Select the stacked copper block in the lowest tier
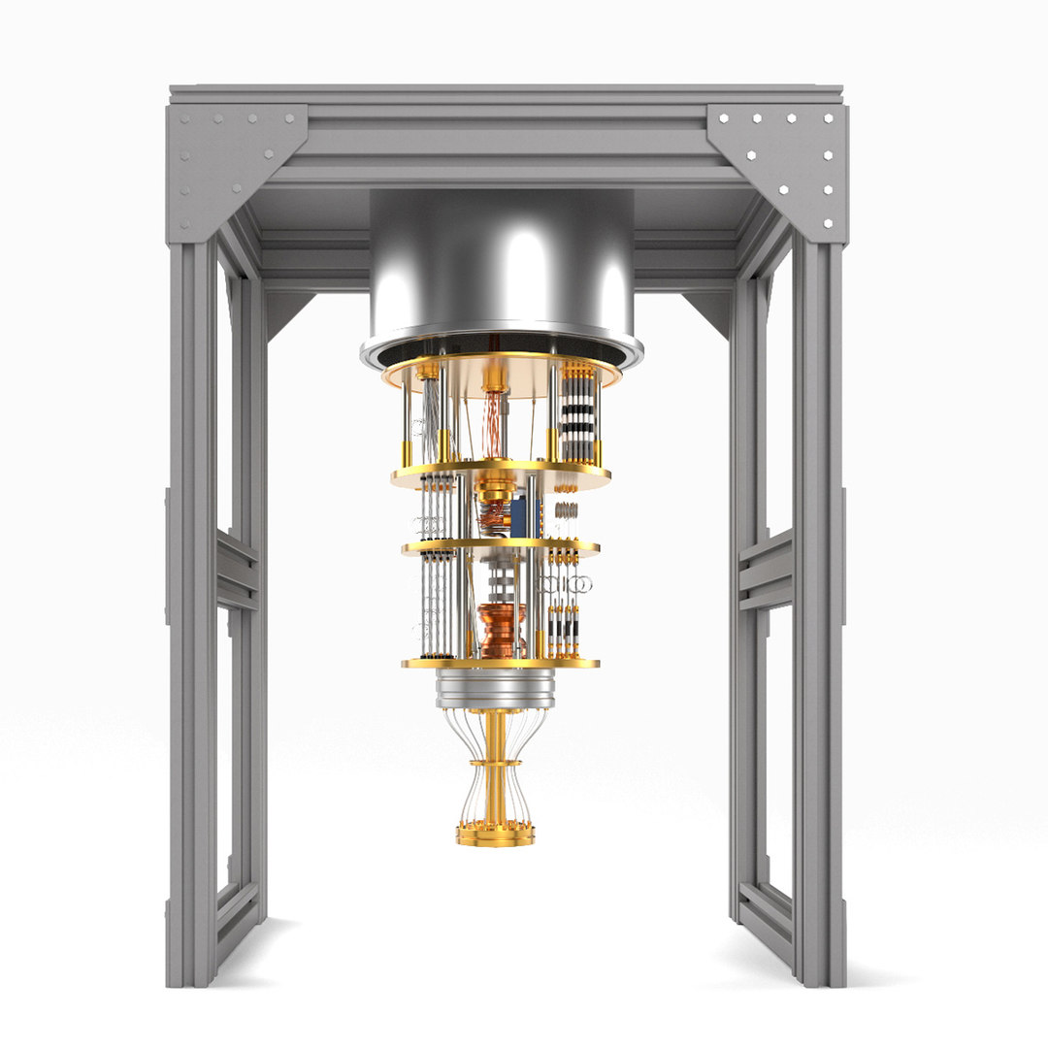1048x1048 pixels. [x=502, y=628]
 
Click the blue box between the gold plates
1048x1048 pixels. [x=520, y=511]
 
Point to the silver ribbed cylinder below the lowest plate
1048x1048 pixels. [x=495, y=687]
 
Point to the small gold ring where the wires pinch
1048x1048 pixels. [x=495, y=764]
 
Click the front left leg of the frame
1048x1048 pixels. [x=191, y=621]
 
